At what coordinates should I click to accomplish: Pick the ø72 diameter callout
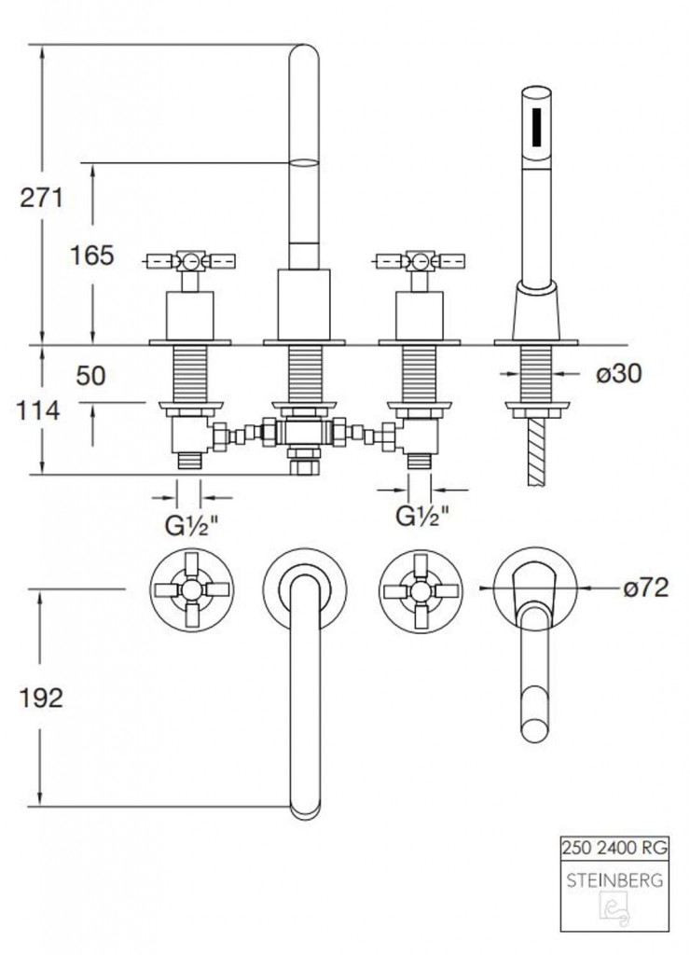(x=645, y=588)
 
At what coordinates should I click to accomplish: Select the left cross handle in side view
(x=192, y=260)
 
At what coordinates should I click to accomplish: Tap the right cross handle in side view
(x=421, y=260)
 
